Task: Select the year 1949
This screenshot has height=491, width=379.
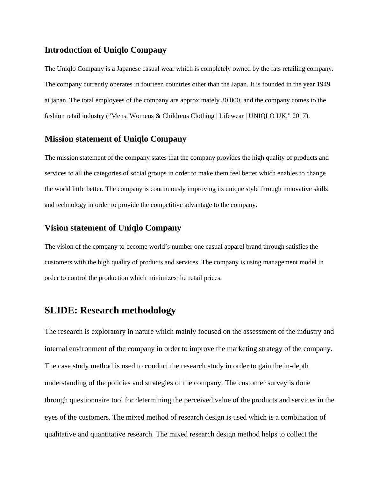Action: point(323,84)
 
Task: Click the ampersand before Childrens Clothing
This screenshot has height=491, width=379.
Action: point(158,116)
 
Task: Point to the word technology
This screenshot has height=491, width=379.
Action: point(71,205)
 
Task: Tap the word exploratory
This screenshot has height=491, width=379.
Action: point(108,332)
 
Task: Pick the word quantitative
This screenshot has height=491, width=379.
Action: point(109,434)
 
